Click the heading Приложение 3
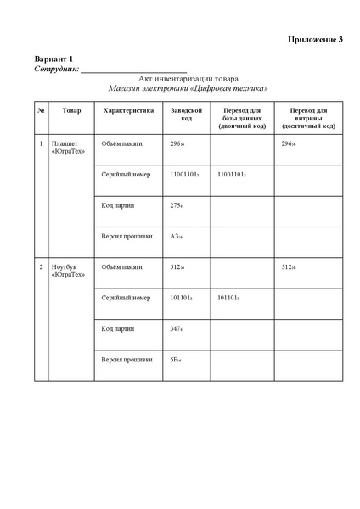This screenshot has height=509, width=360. (x=315, y=40)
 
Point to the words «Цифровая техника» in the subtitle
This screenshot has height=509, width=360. (x=230, y=88)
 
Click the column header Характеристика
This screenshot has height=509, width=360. (x=127, y=111)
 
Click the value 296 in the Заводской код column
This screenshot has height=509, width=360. (x=177, y=143)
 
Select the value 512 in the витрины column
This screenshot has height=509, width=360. (x=293, y=267)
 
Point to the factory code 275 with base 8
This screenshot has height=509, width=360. (x=177, y=205)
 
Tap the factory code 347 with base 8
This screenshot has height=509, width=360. (x=177, y=328)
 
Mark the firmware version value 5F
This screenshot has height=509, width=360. (x=176, y=359)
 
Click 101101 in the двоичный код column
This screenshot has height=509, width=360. (x=228, y=298)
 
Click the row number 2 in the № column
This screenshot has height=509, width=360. (x=42, y=267)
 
